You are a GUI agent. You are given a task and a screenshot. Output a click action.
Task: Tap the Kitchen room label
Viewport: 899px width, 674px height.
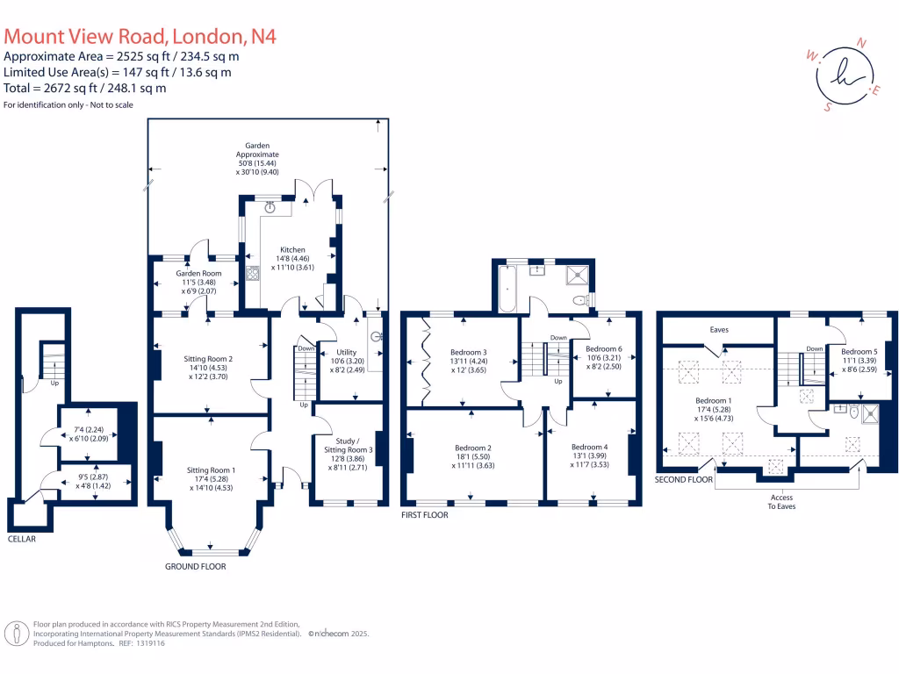(x=292, y=250)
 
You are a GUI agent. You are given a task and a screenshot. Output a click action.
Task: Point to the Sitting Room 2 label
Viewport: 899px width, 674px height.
(x=209, y=358)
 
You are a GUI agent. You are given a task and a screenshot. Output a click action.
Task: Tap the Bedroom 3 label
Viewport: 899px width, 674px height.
(x=467, y=352)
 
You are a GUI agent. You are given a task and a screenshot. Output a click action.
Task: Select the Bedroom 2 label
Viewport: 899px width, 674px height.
(x=474, y=448)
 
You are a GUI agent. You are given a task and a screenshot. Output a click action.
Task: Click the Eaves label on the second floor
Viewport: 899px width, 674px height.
(x=719, y=330)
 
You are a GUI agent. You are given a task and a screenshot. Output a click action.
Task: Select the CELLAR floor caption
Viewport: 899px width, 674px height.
(x=22, y=539)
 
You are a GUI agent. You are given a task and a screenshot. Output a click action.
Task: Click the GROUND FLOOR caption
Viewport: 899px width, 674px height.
(x=195, y=567)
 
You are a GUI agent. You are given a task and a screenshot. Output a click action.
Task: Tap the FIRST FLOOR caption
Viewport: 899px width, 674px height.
(x=424, y=515)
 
